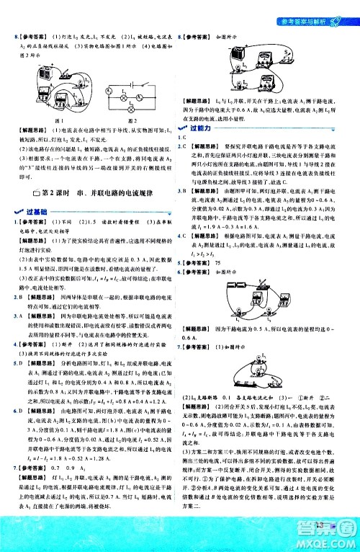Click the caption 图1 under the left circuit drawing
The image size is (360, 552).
[50, 121]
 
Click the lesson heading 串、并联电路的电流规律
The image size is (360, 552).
[92, 190]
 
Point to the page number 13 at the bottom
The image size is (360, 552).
[315, 532]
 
